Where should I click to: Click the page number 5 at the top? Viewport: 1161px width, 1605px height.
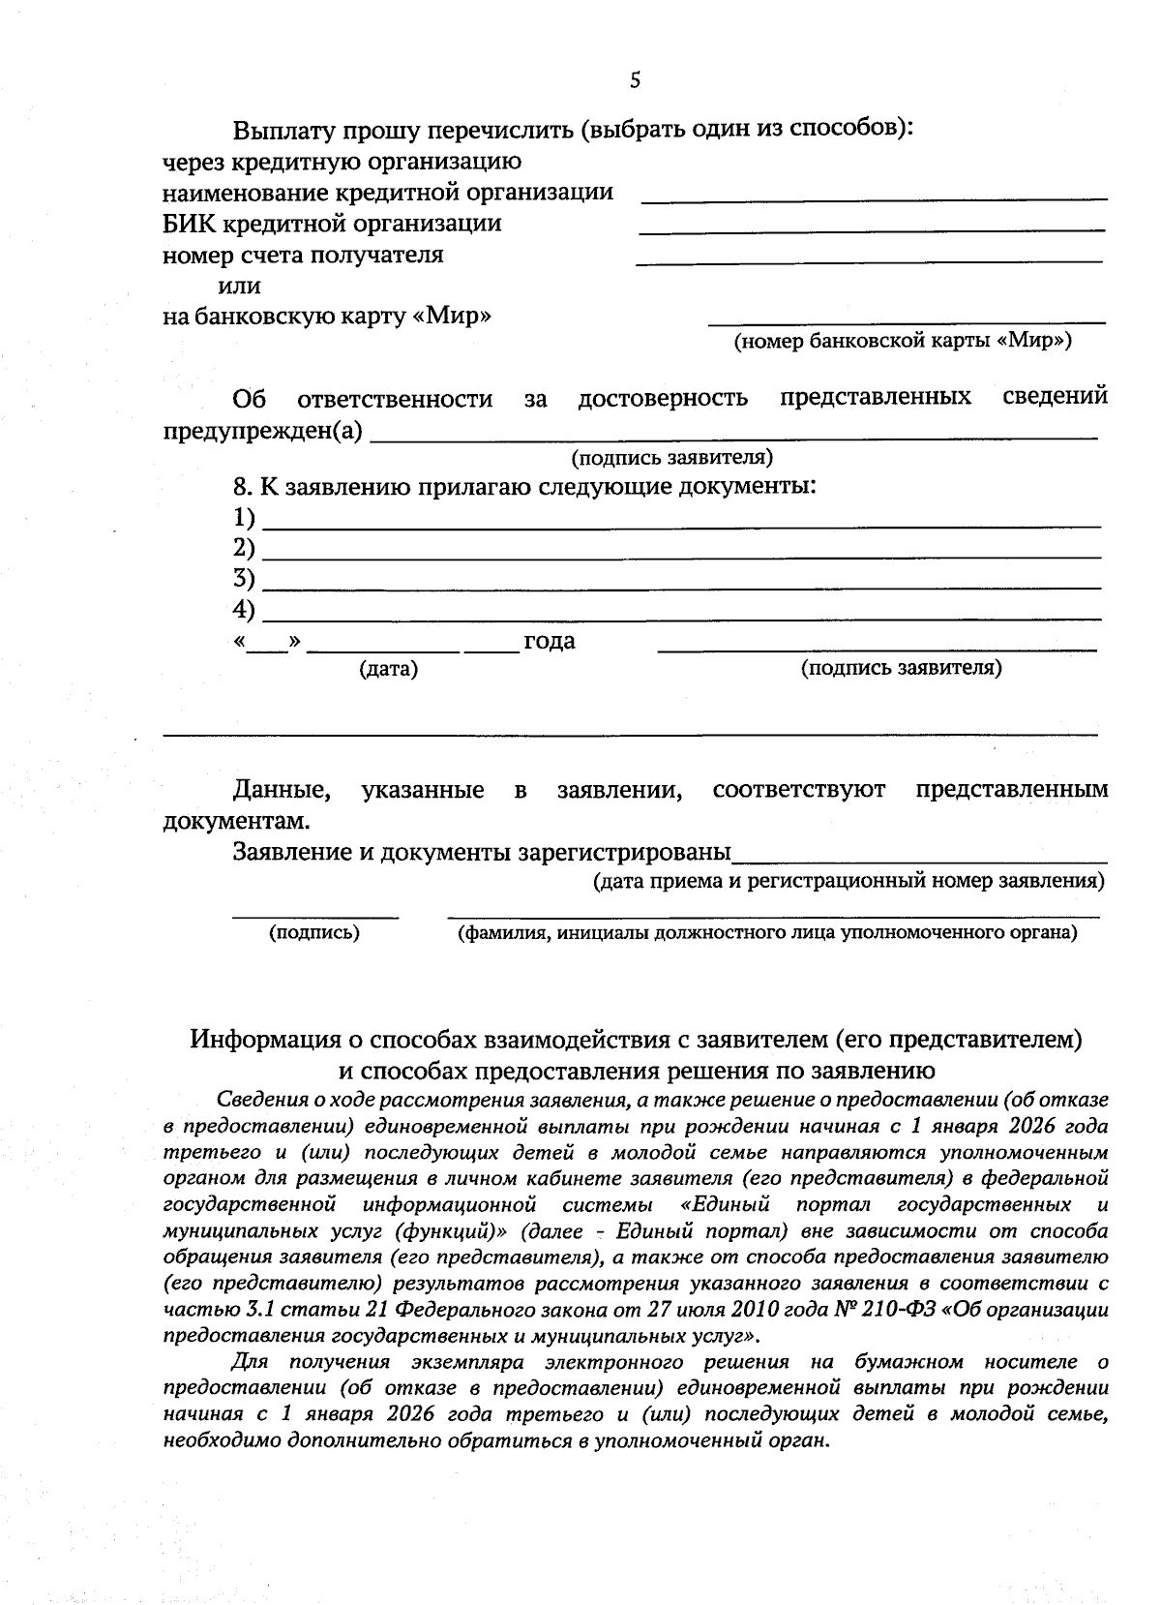pos(635,80)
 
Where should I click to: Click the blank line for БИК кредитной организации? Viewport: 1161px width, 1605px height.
pos(872,230)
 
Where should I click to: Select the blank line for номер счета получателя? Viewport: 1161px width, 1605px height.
pos(869,261)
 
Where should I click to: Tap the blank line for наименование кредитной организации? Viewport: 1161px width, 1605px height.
pos(875,198)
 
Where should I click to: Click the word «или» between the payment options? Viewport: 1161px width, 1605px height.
pos(239,286)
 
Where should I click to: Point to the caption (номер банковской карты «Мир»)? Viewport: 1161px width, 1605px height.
pos(902,341)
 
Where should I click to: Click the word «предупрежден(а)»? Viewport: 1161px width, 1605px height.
pos(263,432)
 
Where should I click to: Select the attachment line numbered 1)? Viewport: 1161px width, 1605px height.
pos(682,526)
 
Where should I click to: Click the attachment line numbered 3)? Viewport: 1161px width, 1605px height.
pos(682,588)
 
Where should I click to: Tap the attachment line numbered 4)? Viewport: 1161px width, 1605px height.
pos(682,619)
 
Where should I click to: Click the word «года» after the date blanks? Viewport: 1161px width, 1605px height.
pos(549,641)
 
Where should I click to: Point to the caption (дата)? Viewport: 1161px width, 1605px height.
pos(388,669)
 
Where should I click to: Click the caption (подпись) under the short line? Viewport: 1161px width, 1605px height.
pos(313,933)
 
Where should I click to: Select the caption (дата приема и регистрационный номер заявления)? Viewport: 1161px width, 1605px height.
pos(848,882)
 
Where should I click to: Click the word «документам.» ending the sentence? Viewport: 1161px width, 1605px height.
pos(237,821)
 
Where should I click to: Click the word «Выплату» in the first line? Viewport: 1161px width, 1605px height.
pos(281,130)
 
